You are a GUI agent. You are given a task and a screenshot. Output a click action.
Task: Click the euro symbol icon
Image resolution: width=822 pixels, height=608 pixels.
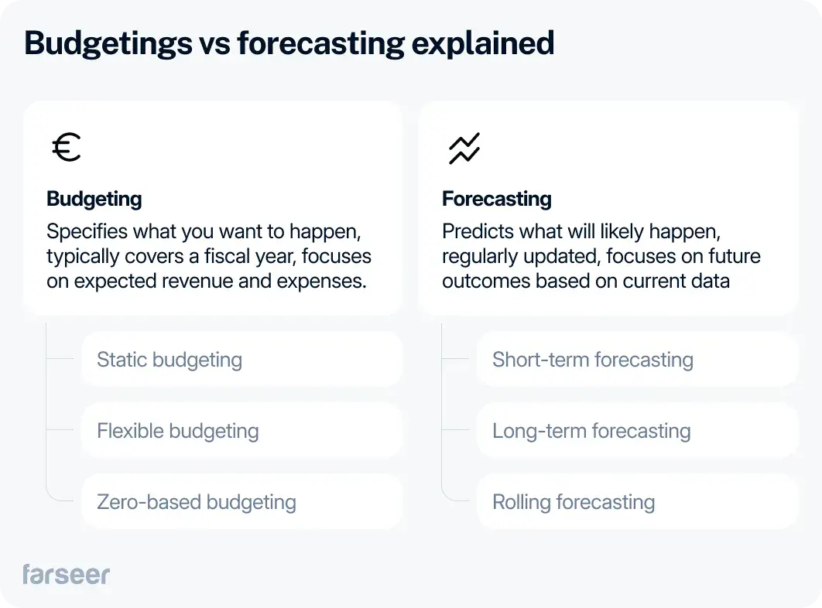click(x=67, y=147)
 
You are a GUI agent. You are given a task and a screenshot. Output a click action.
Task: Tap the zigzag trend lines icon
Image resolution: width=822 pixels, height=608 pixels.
click(x=464, y=148)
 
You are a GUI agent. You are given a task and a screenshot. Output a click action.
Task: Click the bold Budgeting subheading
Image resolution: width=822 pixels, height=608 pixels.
click(x=94, y=199)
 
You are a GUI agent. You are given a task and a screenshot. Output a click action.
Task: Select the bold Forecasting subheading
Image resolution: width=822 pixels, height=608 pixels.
click(x=497, y=199)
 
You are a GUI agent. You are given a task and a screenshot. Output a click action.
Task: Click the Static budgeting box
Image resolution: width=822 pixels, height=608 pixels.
click(x=241, y=360)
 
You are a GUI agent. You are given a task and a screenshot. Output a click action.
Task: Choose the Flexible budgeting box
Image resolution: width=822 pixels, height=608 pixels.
click(x=241, y=431)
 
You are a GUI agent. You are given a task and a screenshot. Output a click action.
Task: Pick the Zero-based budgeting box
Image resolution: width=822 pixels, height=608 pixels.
click(x=241, y=502)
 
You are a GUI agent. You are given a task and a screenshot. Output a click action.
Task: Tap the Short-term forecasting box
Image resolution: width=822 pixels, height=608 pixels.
click(x=637, y=360)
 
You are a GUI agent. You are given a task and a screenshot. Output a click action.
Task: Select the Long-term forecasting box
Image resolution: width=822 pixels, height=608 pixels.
click(x=637, y=431)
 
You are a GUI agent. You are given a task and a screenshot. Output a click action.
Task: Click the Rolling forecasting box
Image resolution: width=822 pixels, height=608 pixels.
click(x=637, y=502)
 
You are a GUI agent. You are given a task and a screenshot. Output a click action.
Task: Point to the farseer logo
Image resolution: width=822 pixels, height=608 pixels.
click(x=67, y=574)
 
